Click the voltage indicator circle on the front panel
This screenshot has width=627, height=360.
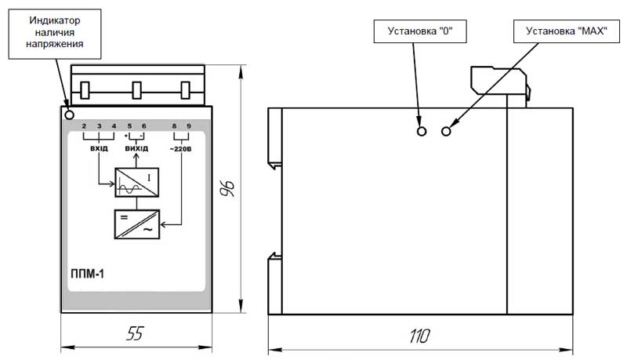click(69, 115)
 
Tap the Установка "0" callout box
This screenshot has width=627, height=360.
click(420, 31)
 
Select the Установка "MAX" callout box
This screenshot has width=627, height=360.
click(566, 31)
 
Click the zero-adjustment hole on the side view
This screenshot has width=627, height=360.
click(422, 131)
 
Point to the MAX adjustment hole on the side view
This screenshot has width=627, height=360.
click(446, 131)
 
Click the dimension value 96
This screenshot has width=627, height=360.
click(228, 188)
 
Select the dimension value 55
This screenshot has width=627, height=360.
click(135, 333)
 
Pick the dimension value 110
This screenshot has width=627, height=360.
click(419, 336)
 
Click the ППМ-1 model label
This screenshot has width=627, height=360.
click(87, 274)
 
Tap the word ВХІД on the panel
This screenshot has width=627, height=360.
click(99, 148)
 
